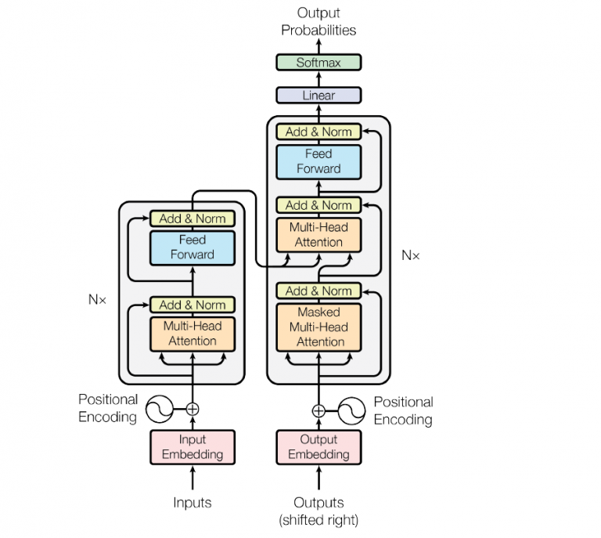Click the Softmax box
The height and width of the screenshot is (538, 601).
[x=318, y=63]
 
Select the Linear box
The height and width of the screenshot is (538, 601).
[x=318, y=96]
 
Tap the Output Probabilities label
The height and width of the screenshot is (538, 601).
[x=318, y=22]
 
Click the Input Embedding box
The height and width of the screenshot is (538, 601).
[x=193, y=447]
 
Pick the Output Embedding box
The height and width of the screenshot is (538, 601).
[x=318, y=447]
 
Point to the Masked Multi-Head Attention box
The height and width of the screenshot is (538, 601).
[x=318, y=327]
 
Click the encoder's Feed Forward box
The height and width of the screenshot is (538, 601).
[x=193, y=247]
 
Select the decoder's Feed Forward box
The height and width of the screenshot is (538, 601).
[x=318, y=161]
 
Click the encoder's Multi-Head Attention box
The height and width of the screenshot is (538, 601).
[x=193, y=333]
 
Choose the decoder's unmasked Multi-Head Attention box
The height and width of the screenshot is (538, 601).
[x=318, y=234]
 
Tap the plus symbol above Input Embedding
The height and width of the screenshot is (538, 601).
[x=193, y=409]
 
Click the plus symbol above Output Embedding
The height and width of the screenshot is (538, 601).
[x=318, y=410]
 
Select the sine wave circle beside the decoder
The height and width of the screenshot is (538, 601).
[x=350, y=410]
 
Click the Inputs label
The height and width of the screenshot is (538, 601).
[x=193, y=502]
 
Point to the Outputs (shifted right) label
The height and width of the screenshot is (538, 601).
[x=318, y=510]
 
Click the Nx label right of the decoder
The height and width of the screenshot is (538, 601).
[x=410, y=255]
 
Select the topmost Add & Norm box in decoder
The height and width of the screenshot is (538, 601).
[x=318, y=132]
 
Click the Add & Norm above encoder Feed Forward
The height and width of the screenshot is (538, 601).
[x=193, y=218]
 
